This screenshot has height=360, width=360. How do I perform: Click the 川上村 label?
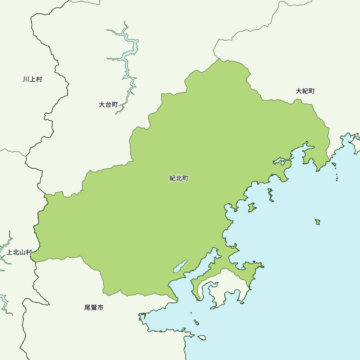(32, 79)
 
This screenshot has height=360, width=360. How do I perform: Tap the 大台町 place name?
(108, 105)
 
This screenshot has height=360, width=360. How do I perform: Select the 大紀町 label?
(305, 91)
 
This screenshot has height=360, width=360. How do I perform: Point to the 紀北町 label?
(179, 178)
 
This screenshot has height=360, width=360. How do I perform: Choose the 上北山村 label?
(19, 252)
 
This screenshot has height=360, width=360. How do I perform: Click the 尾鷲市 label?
(94, 308)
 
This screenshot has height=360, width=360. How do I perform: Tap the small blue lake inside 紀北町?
(180, 266)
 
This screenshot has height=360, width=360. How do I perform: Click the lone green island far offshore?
(318, 222)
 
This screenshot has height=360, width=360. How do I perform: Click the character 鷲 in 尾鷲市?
(94, 308)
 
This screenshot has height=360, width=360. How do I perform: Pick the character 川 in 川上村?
(26, 79)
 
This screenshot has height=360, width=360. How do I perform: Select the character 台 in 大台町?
(108, 105)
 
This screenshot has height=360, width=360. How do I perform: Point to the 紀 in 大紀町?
(305, 91)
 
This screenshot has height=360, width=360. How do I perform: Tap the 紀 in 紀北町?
(172, 178)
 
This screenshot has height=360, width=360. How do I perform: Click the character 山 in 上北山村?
(22, 252)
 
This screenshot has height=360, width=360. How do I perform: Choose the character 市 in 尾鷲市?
(100, 308)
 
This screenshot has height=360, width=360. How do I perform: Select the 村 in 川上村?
(39, 79)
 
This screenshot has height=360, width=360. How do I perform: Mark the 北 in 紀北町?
(179, 178)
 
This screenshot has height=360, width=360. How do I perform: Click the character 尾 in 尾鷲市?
(87, 308)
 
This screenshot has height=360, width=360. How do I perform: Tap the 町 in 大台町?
(115, 105)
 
